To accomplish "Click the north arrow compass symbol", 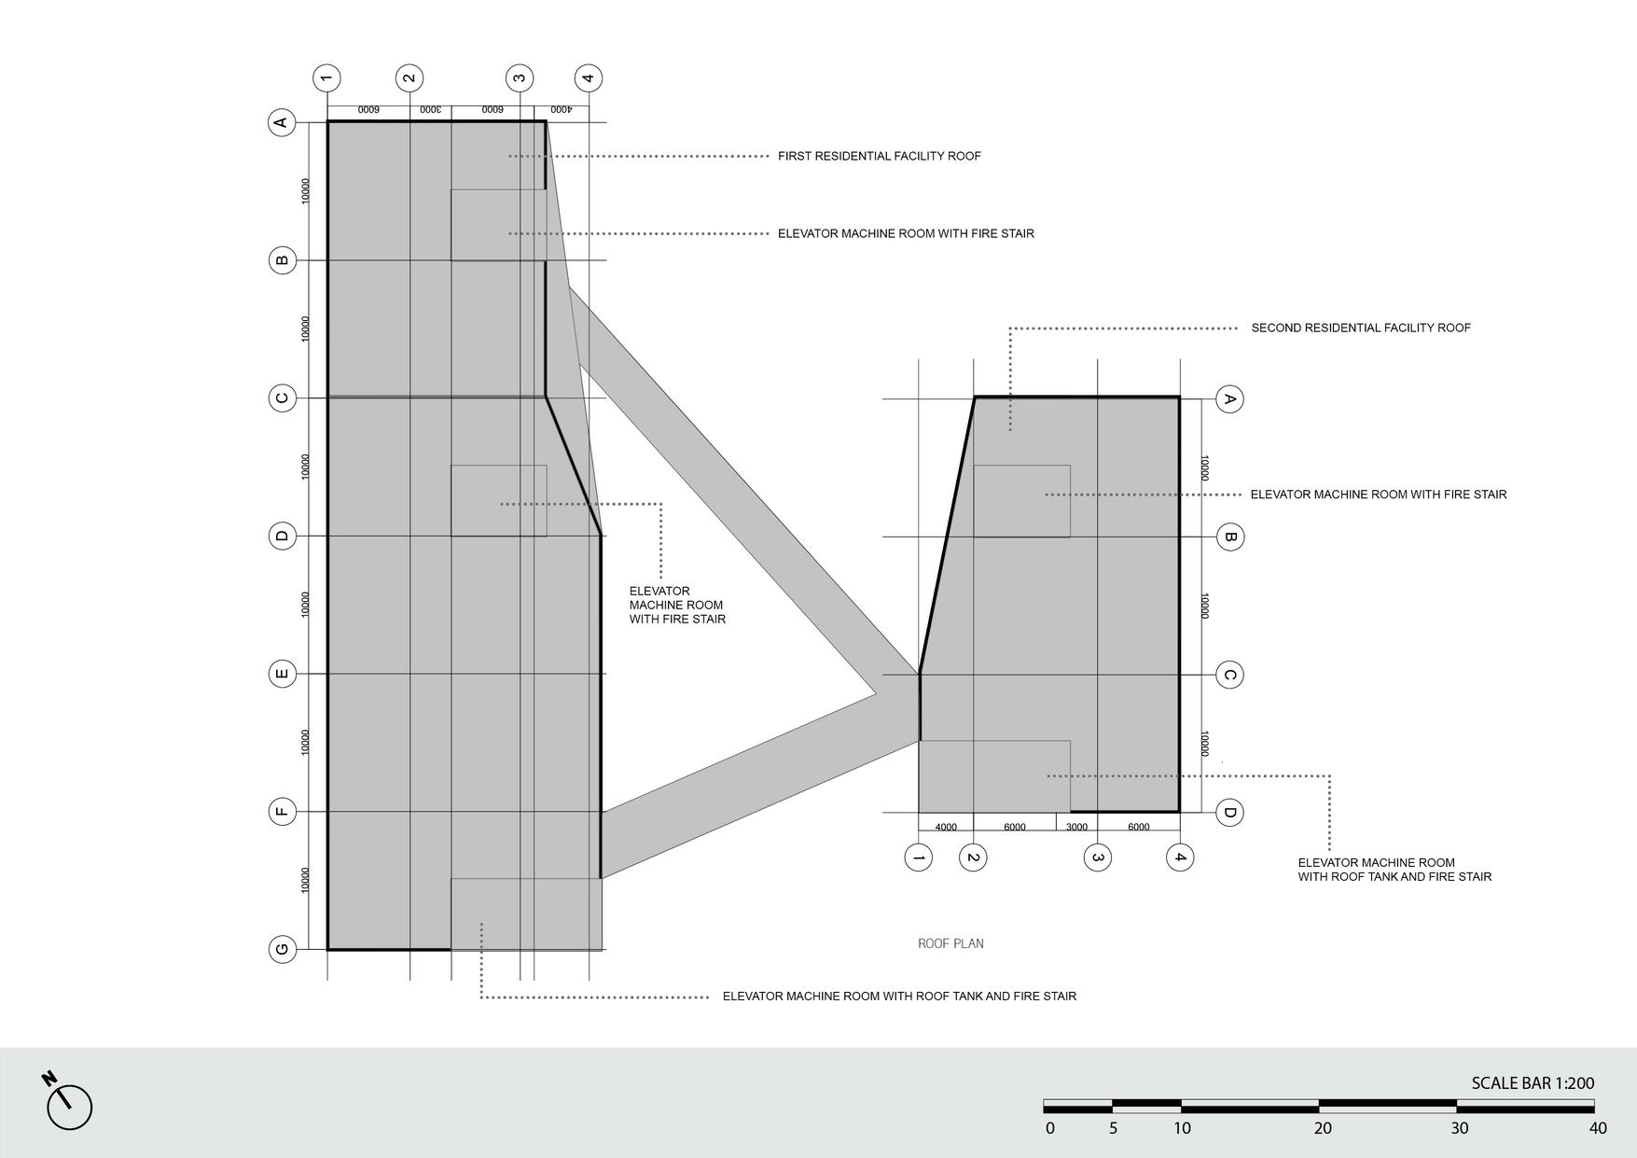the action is coord(68,1106).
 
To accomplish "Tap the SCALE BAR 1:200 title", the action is coord(1533,1083).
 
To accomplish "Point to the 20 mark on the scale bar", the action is coord(1323,1128).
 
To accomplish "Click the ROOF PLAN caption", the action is coord(950,943).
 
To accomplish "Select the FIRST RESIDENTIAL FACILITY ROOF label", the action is coord(879,156).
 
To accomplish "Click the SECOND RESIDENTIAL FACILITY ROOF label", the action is coord(1360,328).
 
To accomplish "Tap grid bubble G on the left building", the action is coord(283,950).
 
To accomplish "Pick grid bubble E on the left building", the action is coord(283,674).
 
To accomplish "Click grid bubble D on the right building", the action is coord(1229,813).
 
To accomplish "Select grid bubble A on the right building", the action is coord(1229,399).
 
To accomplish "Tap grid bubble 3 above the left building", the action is coord(520,77).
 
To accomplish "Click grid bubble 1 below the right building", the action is coord(919,858).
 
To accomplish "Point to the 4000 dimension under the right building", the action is coord(946,828).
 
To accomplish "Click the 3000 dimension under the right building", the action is coord(1076,828).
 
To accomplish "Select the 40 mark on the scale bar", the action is coord(1598,1128).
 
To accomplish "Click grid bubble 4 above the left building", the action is coord(588,77).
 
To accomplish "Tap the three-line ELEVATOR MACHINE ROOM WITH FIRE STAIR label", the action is coord(677,605).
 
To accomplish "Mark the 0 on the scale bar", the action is coord(1050,1128).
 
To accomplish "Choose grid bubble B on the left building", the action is coord(283,259).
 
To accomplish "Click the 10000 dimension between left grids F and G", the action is coord(306,880).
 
